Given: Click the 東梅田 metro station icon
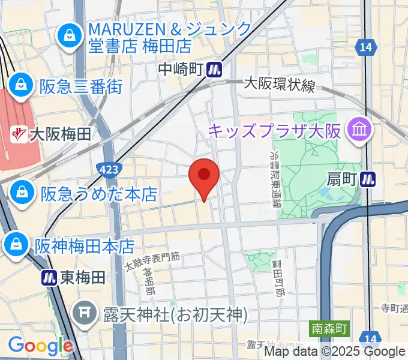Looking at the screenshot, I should (x=49, y=277).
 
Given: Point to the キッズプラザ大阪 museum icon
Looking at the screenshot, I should (x=361, y=130).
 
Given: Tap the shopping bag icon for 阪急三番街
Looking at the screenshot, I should (x=21, y=86).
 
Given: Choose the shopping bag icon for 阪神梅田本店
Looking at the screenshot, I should (x=13, y=245).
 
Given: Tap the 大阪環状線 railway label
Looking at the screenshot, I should (x=279, y=86).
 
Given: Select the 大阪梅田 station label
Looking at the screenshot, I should (x=60, y=134).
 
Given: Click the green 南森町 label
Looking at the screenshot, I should (x=329, y=329).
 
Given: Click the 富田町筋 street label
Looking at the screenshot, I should (x=277, y=277).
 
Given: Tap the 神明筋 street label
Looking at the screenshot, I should (x=148, y=280).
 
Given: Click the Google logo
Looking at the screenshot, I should (x=40, y=345).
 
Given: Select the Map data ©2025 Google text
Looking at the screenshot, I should (x=335, y=352).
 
